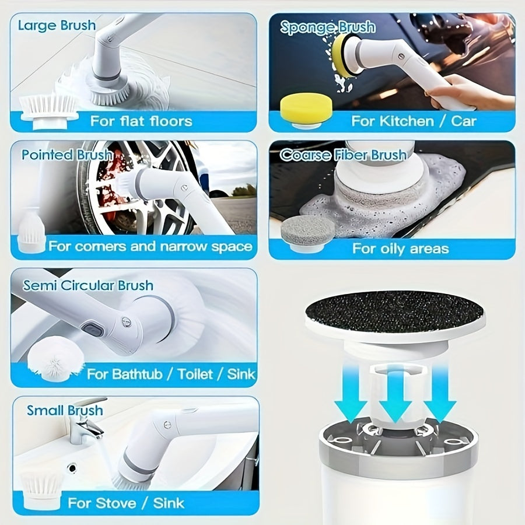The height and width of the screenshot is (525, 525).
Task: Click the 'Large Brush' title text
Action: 57,26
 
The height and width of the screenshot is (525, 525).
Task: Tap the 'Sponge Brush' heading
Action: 327,27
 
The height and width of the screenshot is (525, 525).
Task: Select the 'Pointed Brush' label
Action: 67,155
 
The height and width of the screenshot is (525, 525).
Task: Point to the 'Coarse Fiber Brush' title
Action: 343,155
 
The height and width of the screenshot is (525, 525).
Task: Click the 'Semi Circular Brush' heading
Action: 88,285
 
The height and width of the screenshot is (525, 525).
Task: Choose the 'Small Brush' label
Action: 65,410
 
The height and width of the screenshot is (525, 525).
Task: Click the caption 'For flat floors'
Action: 141,121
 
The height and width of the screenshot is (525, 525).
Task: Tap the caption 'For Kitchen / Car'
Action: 414,121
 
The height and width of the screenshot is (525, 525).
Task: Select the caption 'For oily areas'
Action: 400,249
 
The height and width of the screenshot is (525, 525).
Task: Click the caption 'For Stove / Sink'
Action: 126,503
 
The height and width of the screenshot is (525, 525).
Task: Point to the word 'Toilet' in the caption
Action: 195,374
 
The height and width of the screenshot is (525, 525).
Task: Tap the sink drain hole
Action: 72,467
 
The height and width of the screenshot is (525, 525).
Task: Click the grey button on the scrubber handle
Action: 92,328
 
